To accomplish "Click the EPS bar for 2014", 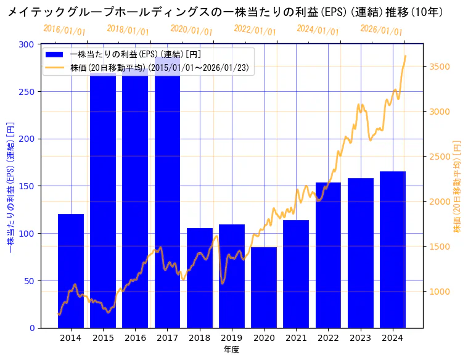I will (71, 271).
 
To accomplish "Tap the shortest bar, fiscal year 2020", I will (264, 287).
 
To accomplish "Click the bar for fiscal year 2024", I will (392, 249).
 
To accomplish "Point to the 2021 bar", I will (296, 274).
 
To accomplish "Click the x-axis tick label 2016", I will (135, 338).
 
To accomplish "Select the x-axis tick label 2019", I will (232, 338).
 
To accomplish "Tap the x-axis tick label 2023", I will (360, 338).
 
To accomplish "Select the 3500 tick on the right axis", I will (441, 67).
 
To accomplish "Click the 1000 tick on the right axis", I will (441, 292).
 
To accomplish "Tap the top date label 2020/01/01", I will (191, 30).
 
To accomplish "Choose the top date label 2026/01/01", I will (381, 30).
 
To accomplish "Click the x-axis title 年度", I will (231, 350).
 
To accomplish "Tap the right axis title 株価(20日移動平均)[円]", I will (457, 186).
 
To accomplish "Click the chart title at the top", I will (225, 12).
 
